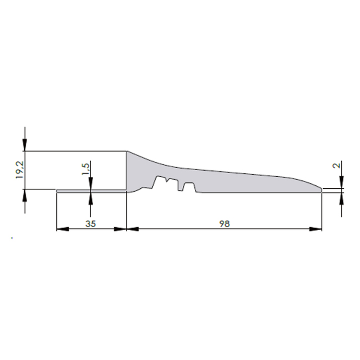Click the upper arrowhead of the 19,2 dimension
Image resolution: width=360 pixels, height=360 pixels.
(x=25, y=146)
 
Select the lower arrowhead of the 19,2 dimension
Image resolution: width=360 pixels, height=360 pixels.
(x=25, y=194)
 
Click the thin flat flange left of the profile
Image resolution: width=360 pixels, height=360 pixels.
(x=91, y=190)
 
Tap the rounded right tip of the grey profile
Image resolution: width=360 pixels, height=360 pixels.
(x=320, y=189)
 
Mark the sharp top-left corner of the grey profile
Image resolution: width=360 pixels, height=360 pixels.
(x=126, y=151)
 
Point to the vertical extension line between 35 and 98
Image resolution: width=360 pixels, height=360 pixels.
(x=125, y=211)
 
